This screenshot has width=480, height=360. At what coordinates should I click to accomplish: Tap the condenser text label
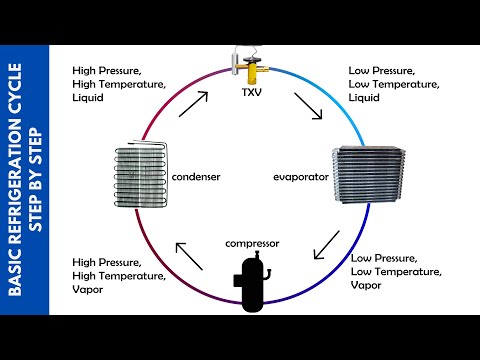coord(196,177)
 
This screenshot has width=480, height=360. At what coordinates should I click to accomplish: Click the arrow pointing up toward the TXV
coord(194,103)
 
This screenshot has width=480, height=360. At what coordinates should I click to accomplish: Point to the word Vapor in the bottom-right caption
coord(368,286)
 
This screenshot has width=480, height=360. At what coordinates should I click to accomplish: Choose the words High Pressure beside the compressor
coord(107,263)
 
